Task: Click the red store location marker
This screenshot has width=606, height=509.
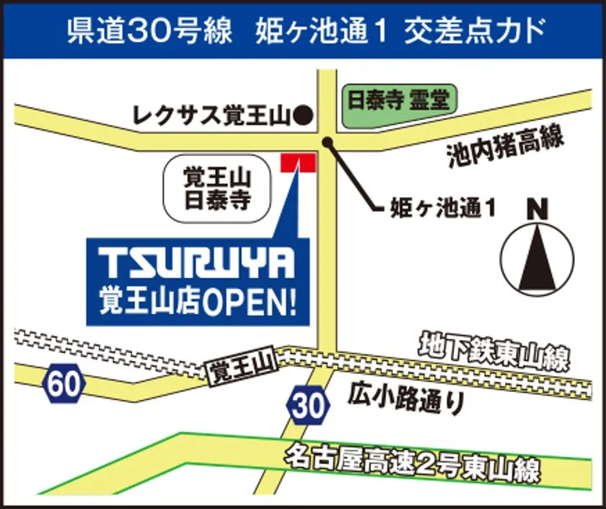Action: coord(298,162)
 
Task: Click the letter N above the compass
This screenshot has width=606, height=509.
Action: coord(537,209)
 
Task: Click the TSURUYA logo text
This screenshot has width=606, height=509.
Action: coord(196,265)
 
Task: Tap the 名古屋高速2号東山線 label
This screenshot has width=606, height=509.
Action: coord(412,462)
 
